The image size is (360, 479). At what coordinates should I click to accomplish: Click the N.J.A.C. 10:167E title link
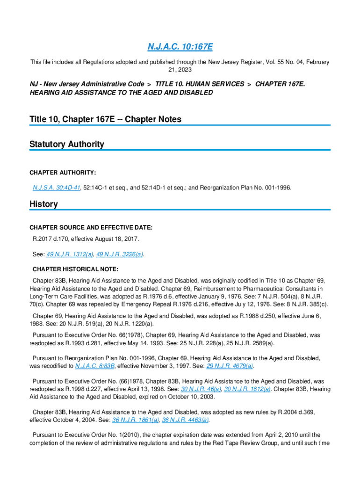[180, 47]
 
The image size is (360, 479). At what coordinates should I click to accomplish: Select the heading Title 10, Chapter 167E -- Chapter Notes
[105, 119]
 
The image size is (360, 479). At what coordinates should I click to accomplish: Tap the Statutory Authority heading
[67, 144]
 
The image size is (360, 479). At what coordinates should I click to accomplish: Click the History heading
[43, 204]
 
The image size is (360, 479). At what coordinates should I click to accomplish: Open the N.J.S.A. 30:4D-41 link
[56, 188]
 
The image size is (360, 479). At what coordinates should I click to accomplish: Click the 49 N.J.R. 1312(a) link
[70, 254]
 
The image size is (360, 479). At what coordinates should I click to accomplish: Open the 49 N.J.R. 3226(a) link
[120, 254]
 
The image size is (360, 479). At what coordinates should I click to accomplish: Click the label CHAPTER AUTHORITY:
[63, 173]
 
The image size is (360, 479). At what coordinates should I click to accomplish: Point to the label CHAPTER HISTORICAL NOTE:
[75, 269]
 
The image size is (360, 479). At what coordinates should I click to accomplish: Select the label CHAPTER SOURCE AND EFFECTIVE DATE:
[91, 228]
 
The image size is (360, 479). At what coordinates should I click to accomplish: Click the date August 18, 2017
[118, 239]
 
